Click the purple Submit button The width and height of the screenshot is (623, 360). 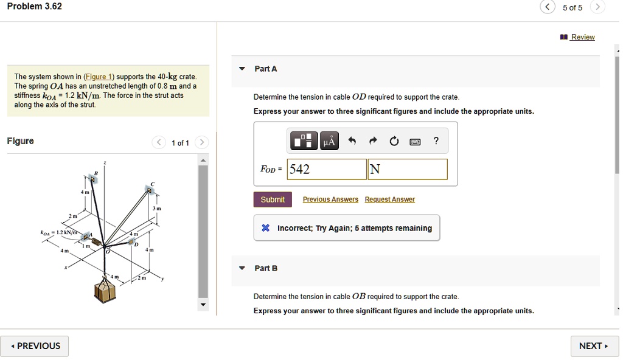point(273,199)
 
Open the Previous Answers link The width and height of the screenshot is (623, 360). point(330,199)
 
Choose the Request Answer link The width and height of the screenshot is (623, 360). point(389,199)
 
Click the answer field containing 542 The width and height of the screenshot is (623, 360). point(327,169)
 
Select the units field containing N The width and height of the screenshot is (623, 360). point(408,169)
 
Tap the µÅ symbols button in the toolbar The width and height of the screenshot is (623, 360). point(329,142)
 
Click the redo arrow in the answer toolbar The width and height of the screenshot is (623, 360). point(373,142)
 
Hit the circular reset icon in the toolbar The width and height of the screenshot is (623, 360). point(394,142)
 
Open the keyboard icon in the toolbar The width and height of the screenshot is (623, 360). point(415,142)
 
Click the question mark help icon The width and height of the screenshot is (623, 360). point(436,142)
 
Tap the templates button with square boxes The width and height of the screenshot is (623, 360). point(304,142)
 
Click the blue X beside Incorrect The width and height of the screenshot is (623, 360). point(265,228)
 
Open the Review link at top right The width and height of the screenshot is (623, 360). point(582,37)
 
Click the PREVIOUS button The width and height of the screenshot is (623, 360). point(35,346)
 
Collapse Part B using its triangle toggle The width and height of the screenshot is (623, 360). point(242,268)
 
